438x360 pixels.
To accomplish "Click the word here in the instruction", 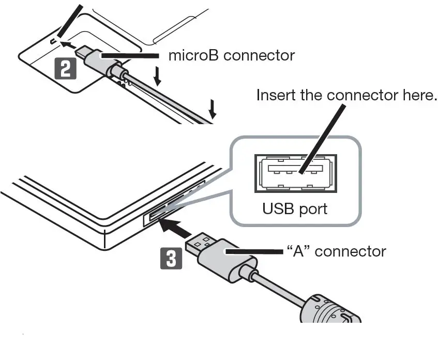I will [418, 95].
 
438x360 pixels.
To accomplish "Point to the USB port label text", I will [295, 208].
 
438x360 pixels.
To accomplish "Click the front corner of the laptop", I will [107, 235].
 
